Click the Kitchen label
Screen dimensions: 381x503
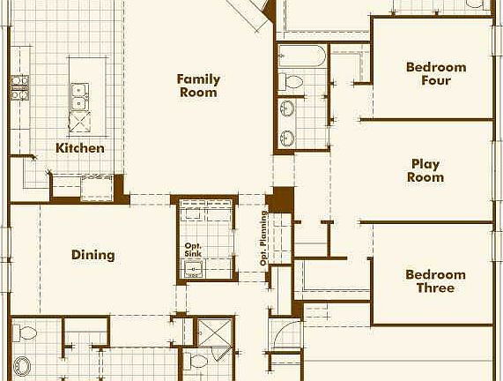click(x=80, y=148)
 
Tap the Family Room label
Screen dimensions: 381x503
click(x=198, y=86)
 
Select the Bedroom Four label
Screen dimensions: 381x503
click(x=435, y=74)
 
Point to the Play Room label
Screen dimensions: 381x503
click(x=425, y=170)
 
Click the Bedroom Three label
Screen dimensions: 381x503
click(x=435, y=281)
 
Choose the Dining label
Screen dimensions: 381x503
click(x=93, y=256)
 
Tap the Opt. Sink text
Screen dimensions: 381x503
click(x=194, y=250)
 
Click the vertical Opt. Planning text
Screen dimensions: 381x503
click(x=263, y=238)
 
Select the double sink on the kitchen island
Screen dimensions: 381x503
click(x=81, y=89)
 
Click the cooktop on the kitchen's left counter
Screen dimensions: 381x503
click(x=19, y=86)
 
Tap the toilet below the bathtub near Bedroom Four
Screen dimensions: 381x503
click(x=292, y=83)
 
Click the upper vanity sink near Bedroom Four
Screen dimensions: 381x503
click(x=288, y=110)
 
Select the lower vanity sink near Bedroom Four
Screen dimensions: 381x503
click(x=288, y=138)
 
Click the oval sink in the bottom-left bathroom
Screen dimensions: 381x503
click(x=22, y=366)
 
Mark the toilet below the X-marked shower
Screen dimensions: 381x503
click(x=199, y=361)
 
